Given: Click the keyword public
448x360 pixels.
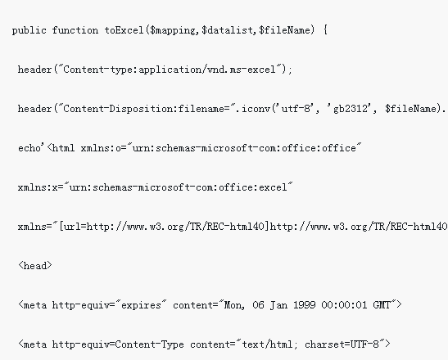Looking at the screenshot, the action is coord(29,30).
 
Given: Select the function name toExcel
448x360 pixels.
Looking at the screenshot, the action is coord(124,30).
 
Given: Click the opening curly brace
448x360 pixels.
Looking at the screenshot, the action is coord(325,30).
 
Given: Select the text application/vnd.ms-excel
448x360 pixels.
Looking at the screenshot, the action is coord(207,70).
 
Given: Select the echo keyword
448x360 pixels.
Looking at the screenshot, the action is coord(29,148).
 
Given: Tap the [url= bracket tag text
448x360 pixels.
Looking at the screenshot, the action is coord(72,227).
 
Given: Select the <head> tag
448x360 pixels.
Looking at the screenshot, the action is coord(35,266).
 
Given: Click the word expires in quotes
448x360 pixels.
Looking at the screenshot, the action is coord(141,305).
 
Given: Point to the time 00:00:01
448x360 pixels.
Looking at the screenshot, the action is coord(344,305).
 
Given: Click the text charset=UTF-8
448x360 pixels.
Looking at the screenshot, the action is coord(342,344).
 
